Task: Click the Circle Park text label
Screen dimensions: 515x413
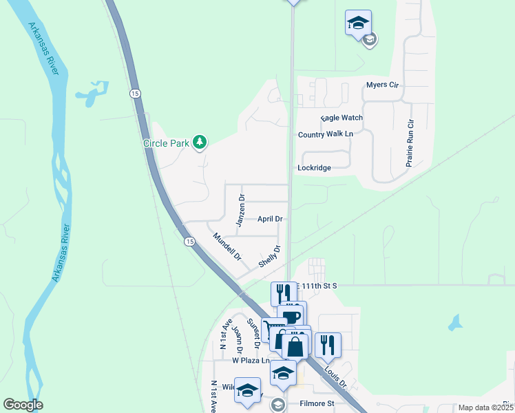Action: click(x=166, y=143)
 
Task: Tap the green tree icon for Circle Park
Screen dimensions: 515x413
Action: click(x=200, y=142)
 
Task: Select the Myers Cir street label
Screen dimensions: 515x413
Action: click(x=382, y=85)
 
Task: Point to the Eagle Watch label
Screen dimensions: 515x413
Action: click(x=341, y=118)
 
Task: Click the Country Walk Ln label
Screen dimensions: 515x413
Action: click(x=325, y=134)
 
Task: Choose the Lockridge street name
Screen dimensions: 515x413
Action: click(x=314, y=167)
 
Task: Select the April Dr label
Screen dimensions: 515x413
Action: click(x=270, y=219)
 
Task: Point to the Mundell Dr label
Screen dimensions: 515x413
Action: click(x=227, y=247)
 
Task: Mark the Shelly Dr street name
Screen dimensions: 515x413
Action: click(x=270, y=257)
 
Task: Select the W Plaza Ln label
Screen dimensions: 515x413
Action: click(x=249, y=360)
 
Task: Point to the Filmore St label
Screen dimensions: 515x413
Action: click(x=317, y=403)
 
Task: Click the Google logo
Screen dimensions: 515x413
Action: click(x=23, y=405)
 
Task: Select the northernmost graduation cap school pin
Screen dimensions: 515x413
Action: click(x=358, y=23)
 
